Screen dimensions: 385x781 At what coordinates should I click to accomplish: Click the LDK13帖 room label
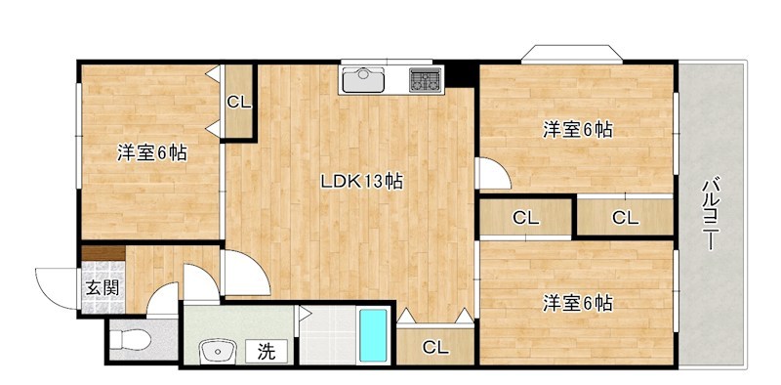tap(363, 181)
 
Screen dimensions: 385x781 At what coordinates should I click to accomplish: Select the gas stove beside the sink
tap(425, 78)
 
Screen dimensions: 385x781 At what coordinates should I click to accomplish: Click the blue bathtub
tap(373, 335)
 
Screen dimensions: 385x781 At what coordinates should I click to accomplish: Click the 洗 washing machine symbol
tap(266, 349)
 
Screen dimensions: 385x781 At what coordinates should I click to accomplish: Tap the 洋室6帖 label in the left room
tap(152, 153)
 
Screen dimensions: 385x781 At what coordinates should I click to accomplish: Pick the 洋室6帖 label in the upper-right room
tap(578, 129)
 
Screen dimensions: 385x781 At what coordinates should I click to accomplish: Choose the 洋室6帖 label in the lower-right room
tap(578, 303)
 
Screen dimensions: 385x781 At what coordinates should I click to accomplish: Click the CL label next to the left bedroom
tap(239, 101)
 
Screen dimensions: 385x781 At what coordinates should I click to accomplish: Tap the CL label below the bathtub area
tap(435, 347)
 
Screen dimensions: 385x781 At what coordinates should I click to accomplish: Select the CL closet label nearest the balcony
tap(625, 217)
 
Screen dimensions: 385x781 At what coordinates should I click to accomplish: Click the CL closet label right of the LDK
tap(525, 217)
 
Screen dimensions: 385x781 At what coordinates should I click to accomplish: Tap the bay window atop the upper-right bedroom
tap(570, 54)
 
